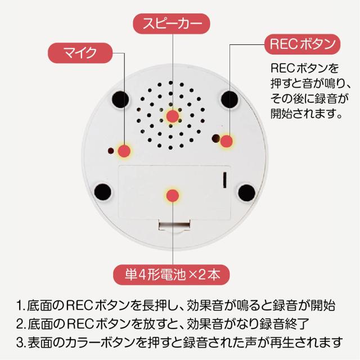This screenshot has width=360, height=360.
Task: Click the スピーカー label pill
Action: (x=172, y=24)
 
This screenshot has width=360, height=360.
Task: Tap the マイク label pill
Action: (x=80, y=53)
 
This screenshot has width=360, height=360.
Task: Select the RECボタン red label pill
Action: (x=303, y=44)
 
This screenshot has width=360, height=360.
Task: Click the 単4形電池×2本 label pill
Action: (x=172, y=274)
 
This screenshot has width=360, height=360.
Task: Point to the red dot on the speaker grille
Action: (x=173, y=116)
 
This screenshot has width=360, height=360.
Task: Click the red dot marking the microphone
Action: (x=124, y=151)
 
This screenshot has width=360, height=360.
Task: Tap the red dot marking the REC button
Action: (x=226, y=141)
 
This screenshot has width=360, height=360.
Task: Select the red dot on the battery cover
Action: (x=173, y=196)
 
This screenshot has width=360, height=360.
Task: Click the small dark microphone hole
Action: (x=111, y=151)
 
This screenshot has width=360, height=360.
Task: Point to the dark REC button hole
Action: (x=215, y=138)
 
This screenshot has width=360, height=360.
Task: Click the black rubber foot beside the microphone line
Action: (x=120, y=100)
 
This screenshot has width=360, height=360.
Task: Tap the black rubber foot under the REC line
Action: (x=229, y=100)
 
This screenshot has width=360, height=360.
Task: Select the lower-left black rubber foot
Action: (x=102, y=192)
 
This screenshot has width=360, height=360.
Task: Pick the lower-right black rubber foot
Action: (x=247, y=192)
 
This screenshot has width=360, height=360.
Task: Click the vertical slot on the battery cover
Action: (x=225, y=179)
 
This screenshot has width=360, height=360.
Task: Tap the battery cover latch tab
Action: (x=174, y=226)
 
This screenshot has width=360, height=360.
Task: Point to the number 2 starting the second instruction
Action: (x=20, y=324)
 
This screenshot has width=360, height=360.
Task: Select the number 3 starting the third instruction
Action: (x=20, y=343)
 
